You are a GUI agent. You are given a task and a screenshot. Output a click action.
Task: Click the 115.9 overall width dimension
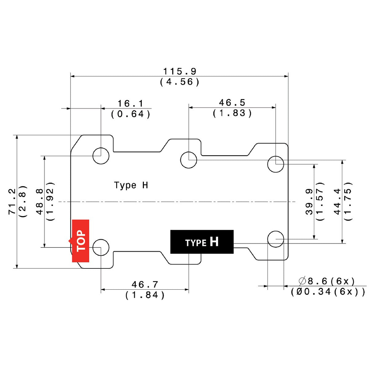click(x=180, y=71)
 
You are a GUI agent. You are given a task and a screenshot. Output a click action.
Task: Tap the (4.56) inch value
click(x=180, y=82)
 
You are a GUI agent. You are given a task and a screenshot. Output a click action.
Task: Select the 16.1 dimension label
click(x=130, y=104)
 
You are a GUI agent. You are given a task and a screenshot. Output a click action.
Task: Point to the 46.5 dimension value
click(x=232, y=103)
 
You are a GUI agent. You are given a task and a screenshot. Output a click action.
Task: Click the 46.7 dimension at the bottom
click(x=145, y=284)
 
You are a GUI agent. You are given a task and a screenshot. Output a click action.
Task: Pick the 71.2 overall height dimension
click(x=12, y=202)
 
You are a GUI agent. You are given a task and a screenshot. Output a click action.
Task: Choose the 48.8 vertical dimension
click(x=40, y=202)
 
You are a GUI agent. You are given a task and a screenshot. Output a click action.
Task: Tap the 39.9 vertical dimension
click(x=309, y=202)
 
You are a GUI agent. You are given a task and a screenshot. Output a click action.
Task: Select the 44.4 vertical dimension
click(x=337, y=202)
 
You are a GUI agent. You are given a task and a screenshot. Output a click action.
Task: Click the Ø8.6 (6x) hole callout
click(x=327, y=281)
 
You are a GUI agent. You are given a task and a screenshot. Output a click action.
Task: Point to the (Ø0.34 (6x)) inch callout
click(x=328, y=292)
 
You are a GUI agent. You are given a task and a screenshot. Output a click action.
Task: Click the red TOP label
click(x=81, y=241)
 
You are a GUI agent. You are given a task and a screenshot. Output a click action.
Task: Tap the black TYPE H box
click(x=202, y=242)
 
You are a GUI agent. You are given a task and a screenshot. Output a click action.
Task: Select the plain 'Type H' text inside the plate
click(x=131, y=185)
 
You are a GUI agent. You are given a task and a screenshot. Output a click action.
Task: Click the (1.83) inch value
click(x=232, y=113)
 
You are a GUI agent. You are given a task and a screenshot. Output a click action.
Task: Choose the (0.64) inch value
click(x=131, y=114)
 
